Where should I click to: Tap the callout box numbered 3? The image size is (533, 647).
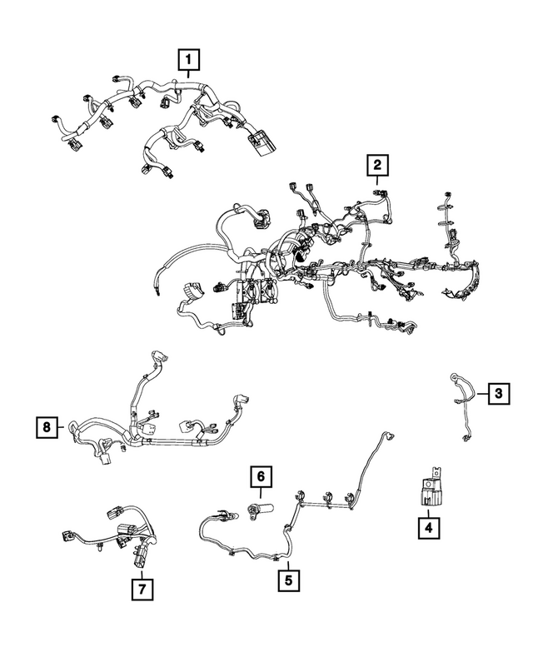coord(498,394)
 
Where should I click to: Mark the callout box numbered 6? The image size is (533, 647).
coord(261,476)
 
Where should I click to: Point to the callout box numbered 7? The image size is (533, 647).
coord(142,589)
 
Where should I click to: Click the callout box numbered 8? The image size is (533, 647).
coord(47,427)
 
